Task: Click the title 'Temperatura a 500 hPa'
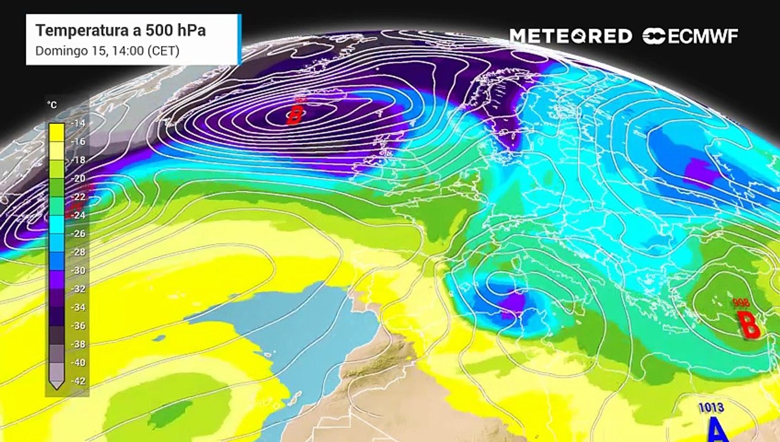[x=120, y=31]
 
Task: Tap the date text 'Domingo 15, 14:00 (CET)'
[x=107, y=51]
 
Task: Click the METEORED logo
[x=570, y=36]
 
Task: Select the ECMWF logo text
[x=690, y=36]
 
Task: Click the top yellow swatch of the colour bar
[x=56, y=131]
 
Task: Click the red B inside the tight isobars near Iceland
[x=295, y=115]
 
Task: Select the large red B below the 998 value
[x=749, y=325]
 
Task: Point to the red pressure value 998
[x=741, y=303]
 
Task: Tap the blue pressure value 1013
[x=711, y=407]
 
